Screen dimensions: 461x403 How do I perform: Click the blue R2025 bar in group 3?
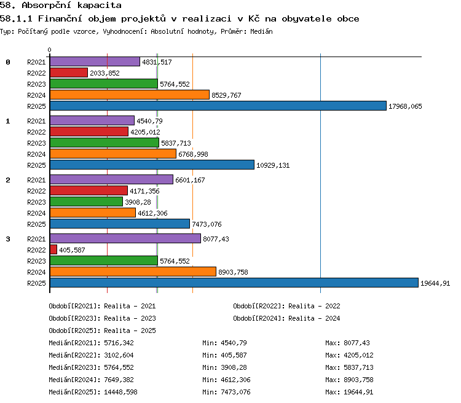(234, 283)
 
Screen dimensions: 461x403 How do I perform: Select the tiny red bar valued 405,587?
(53, 249)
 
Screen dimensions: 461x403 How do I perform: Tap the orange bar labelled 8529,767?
(130, 95)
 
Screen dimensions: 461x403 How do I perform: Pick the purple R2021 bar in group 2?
(111, 179)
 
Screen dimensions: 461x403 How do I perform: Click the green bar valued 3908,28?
(86, 202)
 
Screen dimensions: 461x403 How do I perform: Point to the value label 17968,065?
(405, 106)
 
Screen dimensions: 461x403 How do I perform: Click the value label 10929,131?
(273, 165)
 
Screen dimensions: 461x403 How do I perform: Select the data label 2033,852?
(104, 73)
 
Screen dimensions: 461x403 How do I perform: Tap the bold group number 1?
(8, 121)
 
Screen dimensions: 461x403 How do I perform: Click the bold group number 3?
(8, 239)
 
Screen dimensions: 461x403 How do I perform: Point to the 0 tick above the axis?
(49, 50)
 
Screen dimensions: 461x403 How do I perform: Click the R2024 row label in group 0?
(36, 95)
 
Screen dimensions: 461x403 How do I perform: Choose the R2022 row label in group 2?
(36, 191)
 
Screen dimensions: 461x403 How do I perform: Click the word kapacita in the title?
(100, 6)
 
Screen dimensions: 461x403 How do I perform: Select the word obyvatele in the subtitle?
(307, 19)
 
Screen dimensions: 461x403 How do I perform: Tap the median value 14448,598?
(120, 392)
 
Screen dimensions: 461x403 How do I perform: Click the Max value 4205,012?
(358, 355)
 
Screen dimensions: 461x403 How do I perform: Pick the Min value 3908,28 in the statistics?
(234, 367)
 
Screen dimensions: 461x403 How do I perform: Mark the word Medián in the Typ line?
(261, 31)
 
